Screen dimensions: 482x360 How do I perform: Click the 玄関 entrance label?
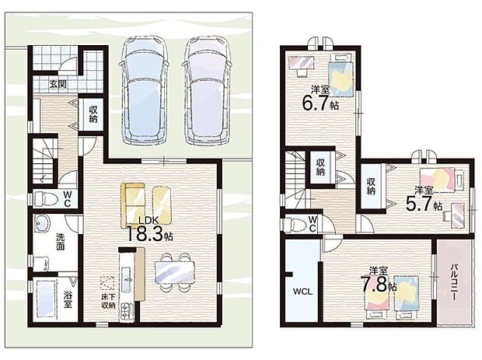tap(58, 84)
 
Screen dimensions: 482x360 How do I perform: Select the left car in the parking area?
tap(145, 90)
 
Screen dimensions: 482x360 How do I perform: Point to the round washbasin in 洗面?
tap(41, 224)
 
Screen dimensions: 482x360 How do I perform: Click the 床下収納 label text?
tap(108, 302)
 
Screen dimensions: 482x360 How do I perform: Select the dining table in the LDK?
tap(175, 272)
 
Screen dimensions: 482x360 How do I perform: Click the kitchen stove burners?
tap(126, 311)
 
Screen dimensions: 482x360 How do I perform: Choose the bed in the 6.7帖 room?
tap(341, 79)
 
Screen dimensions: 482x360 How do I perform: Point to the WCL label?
tap(302, 292)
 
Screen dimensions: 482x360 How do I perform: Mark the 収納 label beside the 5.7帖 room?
tap(371, 185)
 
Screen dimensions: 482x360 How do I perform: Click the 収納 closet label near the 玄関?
tap(93, 114)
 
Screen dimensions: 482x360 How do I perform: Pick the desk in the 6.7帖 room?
tap(302, 65)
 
